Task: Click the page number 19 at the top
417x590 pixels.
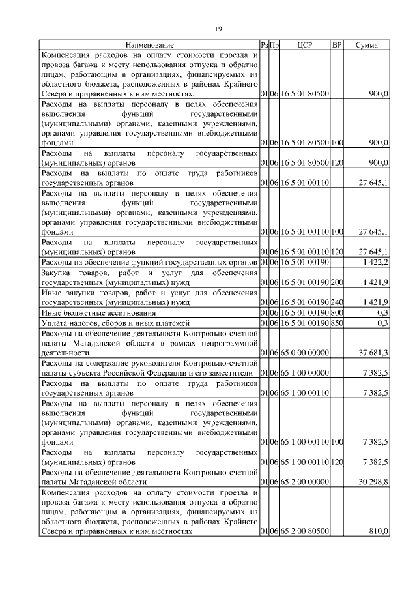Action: (218, 29)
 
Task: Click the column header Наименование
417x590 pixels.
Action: (150, 45)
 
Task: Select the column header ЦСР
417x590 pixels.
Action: (305, 45)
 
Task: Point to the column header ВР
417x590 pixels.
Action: (337, 45)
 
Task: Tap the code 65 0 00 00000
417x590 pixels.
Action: (305, 353)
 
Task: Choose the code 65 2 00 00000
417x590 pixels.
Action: (305, 481)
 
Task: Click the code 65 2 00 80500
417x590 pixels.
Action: (305, 532)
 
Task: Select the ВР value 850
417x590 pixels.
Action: (337, 323)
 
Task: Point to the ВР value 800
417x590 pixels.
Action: (337, 313)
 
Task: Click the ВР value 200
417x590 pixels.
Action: (337, 282)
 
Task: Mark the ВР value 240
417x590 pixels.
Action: (337, 302)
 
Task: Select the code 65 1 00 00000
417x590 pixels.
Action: (305, 373)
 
